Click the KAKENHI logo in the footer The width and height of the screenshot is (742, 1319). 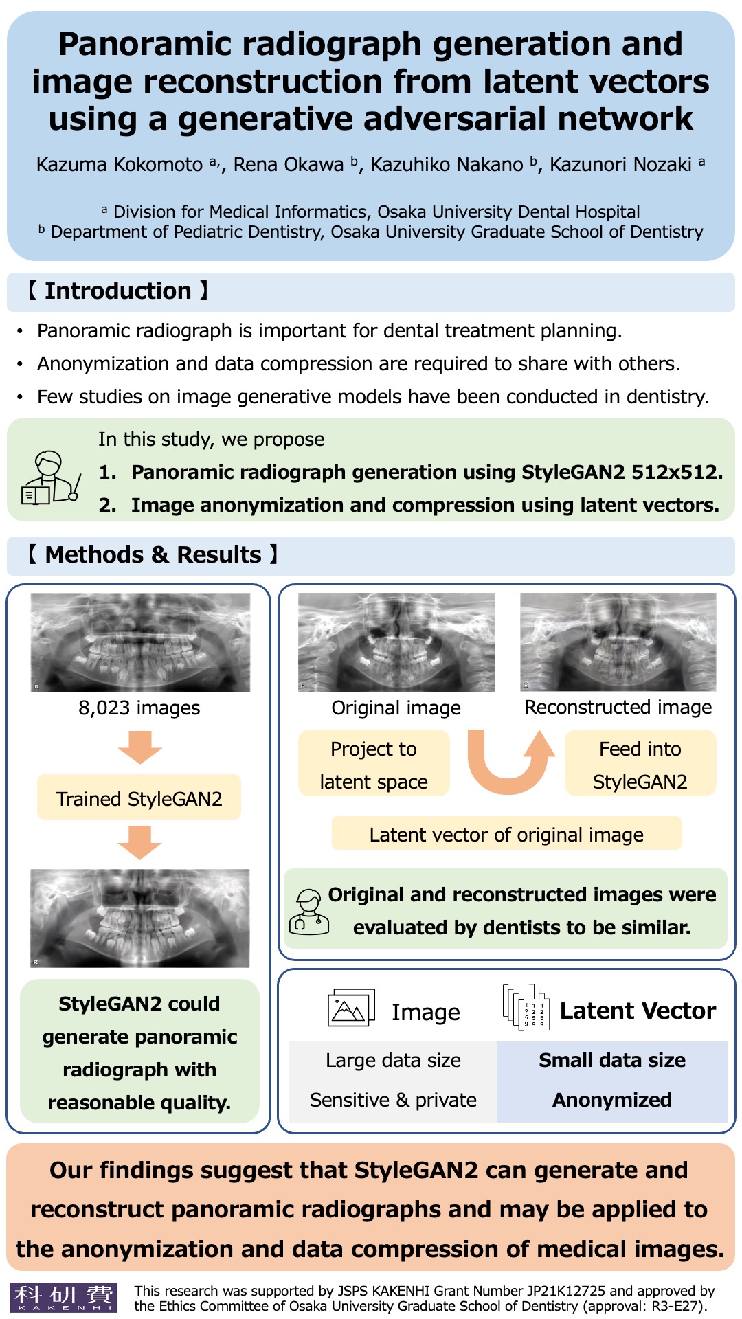[x=63, y=1297]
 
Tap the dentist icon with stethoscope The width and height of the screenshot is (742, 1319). [x=308, y=912]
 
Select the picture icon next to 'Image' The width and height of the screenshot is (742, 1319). [x=351, y=1008]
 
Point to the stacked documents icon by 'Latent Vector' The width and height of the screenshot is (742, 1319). [x=526, y=1008]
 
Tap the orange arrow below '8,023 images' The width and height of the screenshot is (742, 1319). [x=139, y=747]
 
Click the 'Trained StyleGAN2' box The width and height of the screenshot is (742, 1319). [x=139, y=798]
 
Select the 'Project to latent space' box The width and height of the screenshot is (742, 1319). [x=374, y=764]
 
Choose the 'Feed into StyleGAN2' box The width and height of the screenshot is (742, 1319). [x=640, y=764]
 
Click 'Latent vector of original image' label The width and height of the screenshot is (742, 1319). [x=506, y=834]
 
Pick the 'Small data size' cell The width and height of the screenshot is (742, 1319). [x=612, y=1060]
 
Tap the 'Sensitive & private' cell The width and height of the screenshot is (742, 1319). [x=393, y=1100]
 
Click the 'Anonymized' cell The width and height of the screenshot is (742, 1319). [x=612, y=1100]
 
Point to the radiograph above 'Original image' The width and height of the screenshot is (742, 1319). [x=396, y=642]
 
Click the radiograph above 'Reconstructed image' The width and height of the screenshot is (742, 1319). [x=618, y=642]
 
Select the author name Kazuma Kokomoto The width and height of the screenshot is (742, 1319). [x=120, y=164]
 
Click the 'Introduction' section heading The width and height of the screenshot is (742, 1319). [x=117, y=291]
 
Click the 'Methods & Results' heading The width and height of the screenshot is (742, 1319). [x=153, y=555]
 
